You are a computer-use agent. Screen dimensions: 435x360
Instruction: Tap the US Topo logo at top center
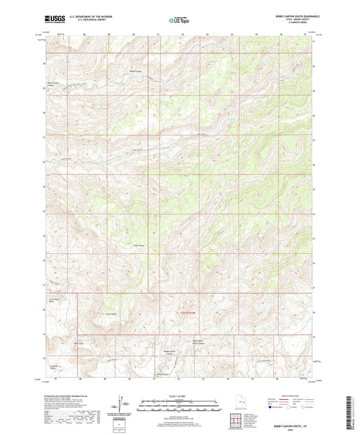179,21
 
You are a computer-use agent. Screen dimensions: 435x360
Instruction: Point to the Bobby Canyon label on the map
136,70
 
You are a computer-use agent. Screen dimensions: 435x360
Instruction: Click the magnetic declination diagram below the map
122,409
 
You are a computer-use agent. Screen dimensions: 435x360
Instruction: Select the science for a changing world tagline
51,25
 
